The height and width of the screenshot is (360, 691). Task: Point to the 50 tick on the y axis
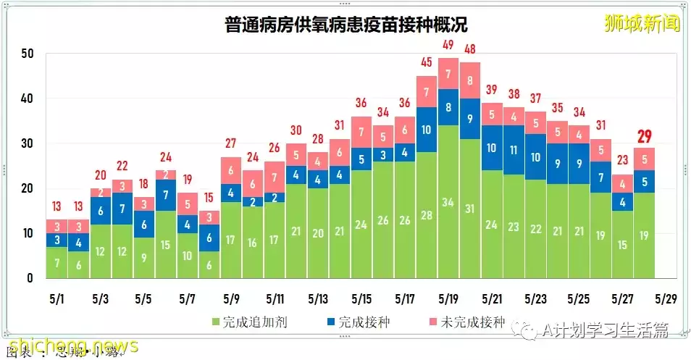click(x=27, y=54)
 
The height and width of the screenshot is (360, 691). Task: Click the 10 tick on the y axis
click(x=27, y=233)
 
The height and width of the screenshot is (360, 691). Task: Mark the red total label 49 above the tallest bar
click(x=448, y=46)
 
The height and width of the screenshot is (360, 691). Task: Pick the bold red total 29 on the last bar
click(x=644, y=136)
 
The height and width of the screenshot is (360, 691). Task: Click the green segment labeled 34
click(x=448, y=201)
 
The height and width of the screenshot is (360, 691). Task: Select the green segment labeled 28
click(x=427, y=215)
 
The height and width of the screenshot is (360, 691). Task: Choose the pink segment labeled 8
click(x=470, y=80)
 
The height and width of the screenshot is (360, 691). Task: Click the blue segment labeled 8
click(x=448, y=107)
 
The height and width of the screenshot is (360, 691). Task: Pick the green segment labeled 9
click(x=144, y=258)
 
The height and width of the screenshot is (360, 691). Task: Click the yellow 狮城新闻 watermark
click(x=642, y=23)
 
